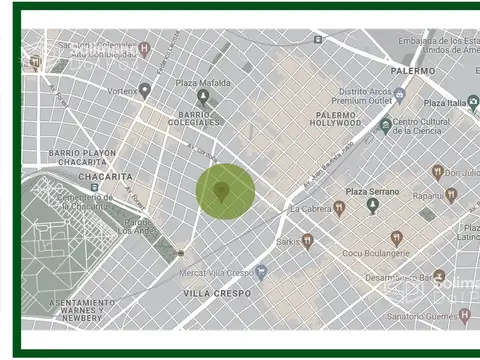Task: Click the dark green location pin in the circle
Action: (x=223, y=190)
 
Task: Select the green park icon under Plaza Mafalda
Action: (x=203, y=97)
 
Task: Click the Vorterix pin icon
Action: (x=145, y=90)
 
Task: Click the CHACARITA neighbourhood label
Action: (x=106, y=176)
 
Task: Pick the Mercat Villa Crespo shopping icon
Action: (x=261, y=271)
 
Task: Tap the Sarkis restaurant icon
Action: (x=308, y=241)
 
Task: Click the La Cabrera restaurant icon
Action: (x=339, y=208)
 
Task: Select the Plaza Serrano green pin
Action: (x=373, y=206)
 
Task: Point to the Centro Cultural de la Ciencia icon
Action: (x=386, y=126)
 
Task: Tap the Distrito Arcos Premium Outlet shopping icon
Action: (x=399, y=94)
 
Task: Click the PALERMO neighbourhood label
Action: (x=412, y=71)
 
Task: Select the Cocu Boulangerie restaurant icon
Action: (x=397, y=238)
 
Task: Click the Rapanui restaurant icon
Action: (x=451, y=195)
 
